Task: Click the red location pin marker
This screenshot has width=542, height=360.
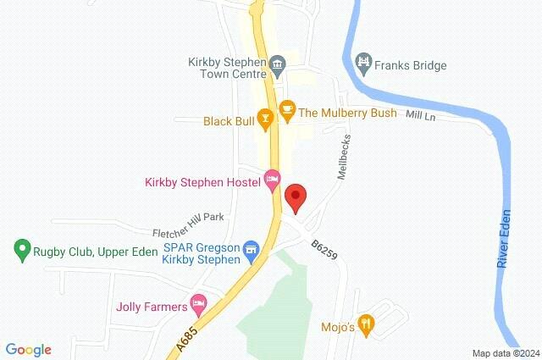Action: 295,197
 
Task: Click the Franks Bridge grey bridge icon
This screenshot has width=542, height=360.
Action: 363,62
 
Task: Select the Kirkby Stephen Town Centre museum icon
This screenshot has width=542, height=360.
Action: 276,66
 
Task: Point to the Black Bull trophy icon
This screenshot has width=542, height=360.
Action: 266,121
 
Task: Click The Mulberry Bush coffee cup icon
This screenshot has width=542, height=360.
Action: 286,110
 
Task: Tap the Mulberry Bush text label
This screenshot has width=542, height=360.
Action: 347,113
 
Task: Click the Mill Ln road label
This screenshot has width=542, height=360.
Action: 420,114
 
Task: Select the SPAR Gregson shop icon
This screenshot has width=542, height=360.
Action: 250,250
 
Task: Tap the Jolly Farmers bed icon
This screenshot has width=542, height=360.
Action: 198,302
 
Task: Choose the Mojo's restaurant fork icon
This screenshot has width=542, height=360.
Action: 366,323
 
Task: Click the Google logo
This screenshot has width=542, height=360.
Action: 29,349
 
